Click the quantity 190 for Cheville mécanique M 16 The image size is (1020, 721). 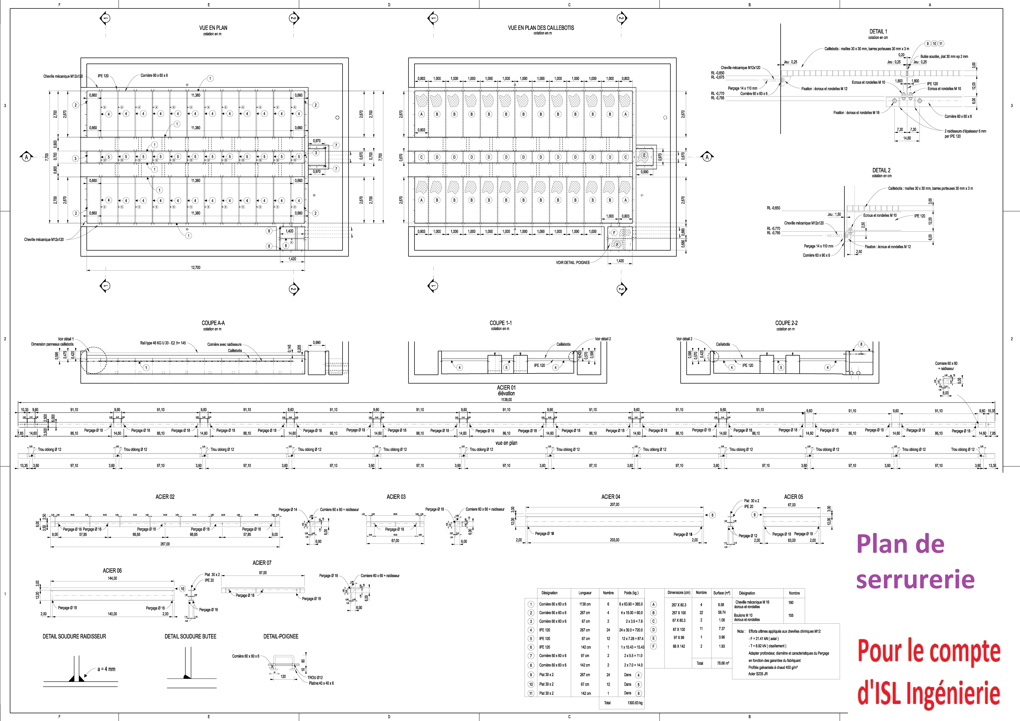pos(791,602)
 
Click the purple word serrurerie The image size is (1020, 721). pos(915,579)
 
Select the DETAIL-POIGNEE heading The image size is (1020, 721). pos(281,636)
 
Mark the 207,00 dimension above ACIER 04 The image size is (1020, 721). pos(614,504)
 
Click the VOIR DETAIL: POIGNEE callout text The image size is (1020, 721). pos(573,262)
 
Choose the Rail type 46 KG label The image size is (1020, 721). pos(163,343)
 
